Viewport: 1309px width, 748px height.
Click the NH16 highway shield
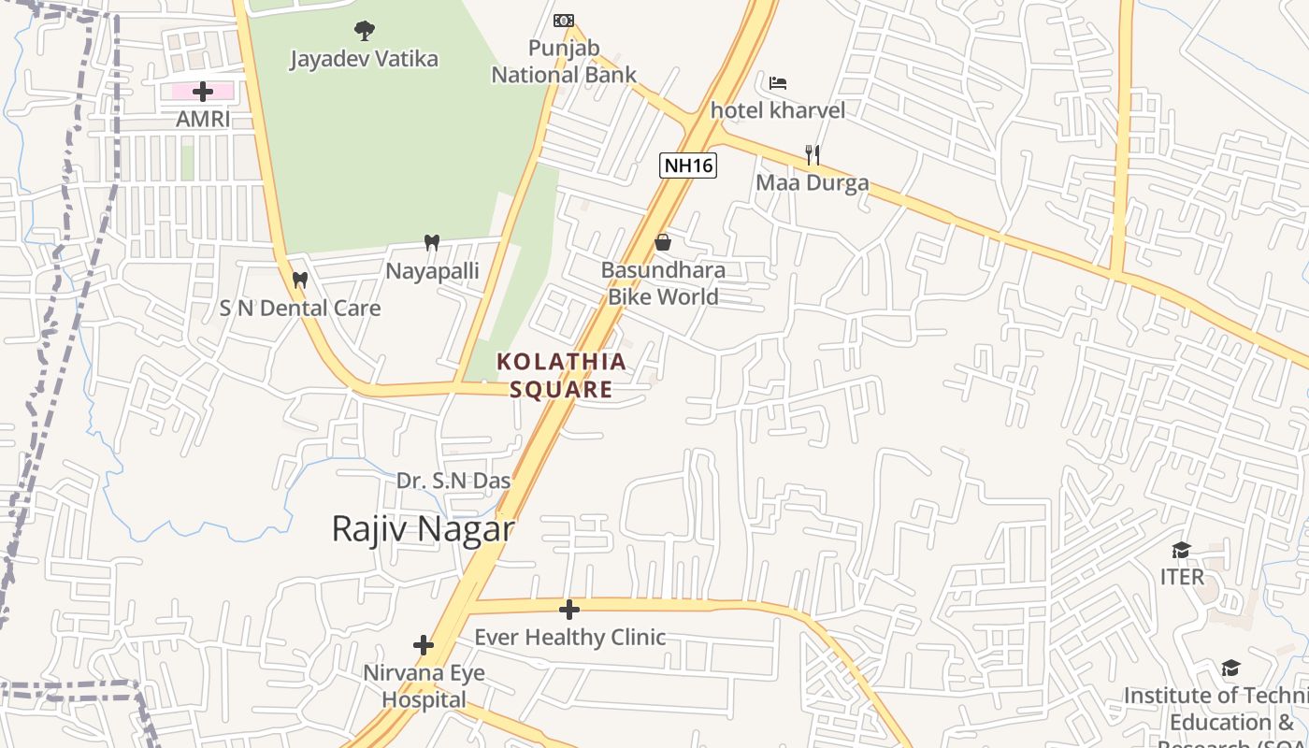pos(687,166)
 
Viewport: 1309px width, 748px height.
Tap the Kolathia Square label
pos(561,375)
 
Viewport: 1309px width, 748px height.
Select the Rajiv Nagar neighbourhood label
pos(423,529)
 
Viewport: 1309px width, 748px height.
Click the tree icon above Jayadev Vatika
pos(364,31)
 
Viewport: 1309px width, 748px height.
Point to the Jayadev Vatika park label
pos(364,59)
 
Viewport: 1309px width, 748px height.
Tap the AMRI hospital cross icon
pos(202,92)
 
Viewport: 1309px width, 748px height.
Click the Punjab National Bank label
pos(564,62)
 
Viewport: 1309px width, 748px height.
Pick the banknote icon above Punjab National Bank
pos(563,21)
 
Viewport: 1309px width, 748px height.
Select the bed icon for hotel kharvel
pos(778,83)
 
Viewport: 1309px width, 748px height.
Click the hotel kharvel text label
pos(778,110)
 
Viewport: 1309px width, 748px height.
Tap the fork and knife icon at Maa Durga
pos(813,155)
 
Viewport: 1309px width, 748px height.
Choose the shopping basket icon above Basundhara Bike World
pos(663,243)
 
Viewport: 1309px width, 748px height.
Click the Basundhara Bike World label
pos(663,283)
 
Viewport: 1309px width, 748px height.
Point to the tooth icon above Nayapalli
pos(431,243)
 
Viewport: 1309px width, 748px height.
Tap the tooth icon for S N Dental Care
pos(300,280)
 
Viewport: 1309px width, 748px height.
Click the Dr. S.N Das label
pos(453,481)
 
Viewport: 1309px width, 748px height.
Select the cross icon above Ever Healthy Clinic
pos(568,611)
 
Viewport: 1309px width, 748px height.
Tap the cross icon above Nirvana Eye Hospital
pos(424,645)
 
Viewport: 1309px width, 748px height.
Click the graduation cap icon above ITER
pos(1182,550)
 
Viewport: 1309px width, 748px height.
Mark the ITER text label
pos(1182,577)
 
